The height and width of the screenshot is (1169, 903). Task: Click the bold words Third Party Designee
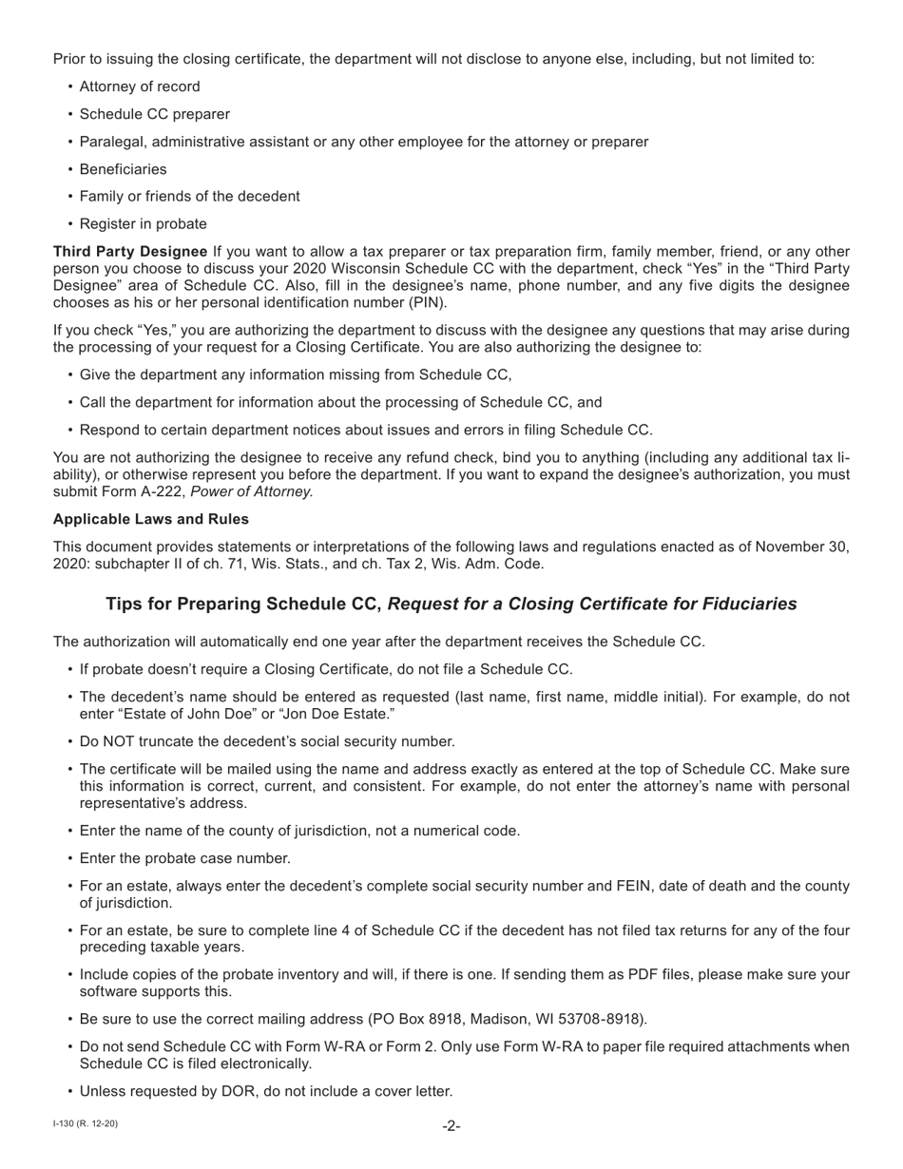[130, 252]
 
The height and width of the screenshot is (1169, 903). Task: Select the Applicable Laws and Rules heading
[151, 519]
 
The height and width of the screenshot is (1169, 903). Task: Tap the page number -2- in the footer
[451, 1126]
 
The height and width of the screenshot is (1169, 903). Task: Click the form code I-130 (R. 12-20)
[86, 1124]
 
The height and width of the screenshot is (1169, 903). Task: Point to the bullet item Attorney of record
[140, 86]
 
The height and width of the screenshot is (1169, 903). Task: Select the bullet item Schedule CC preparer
[154, 114]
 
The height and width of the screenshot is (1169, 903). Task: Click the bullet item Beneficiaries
[123, 169]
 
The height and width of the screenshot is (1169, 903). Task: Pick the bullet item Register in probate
[143, 224]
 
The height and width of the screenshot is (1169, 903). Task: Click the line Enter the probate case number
[184, 858]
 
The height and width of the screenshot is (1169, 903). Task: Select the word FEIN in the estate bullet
[570, 886]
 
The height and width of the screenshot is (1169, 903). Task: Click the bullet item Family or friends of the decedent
[189, 197]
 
